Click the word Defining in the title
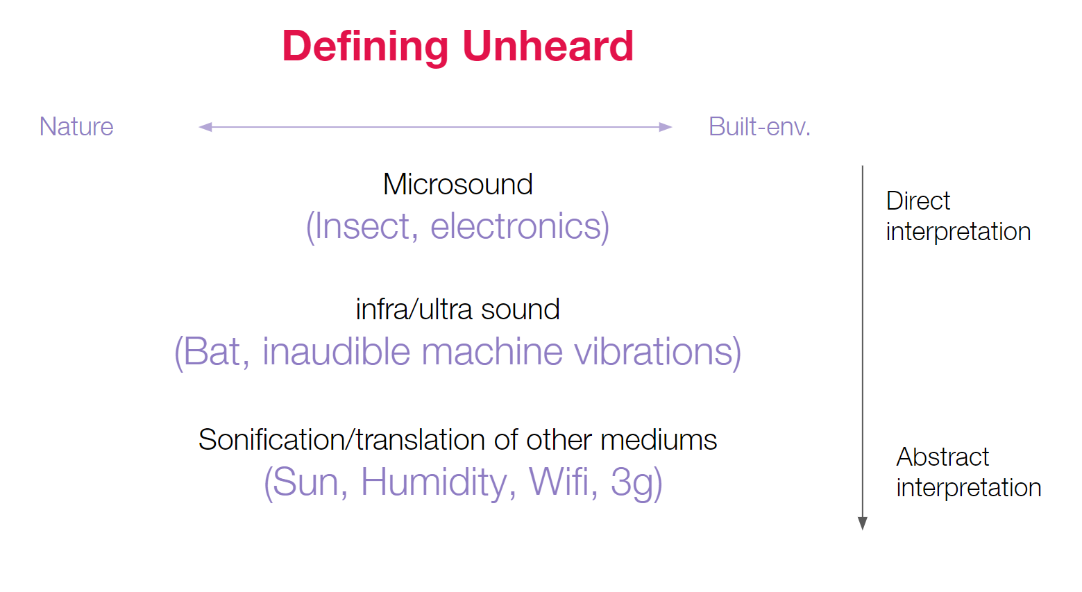tap(365, 46)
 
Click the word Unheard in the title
tap(548, 46)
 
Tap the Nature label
tap(76, 126)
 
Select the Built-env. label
tap(759, 126)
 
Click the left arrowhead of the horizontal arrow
tap(205, 127)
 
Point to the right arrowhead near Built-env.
tap(666, 127)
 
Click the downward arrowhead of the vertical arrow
tap(862, 523)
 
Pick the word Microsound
tap(458, 184)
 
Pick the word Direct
tap(918, 201)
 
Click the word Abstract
tap(942, 456)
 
